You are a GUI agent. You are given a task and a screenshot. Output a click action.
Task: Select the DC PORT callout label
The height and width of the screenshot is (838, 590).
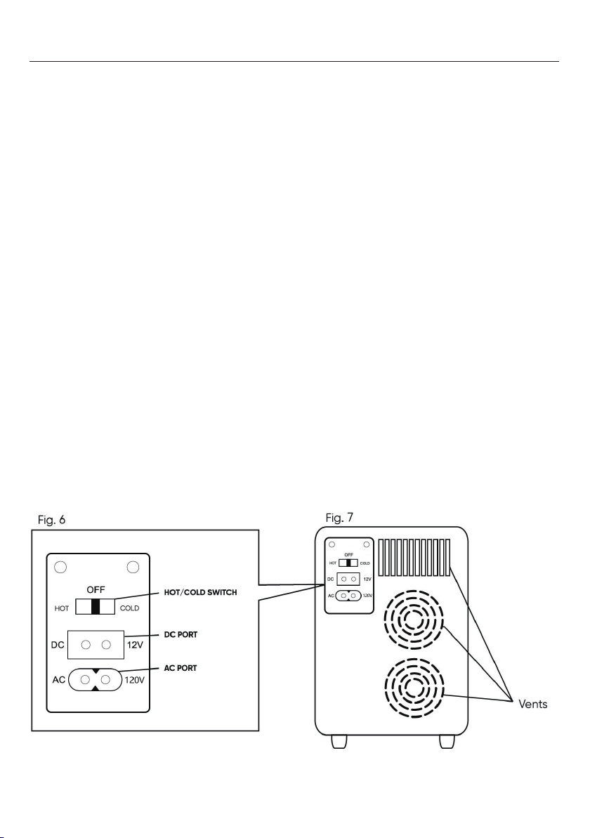coord(184,634)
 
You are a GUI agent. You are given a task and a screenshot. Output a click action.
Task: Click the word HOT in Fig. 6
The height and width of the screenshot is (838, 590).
coord(63,609)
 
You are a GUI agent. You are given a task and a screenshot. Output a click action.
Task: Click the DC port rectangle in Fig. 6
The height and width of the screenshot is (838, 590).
coord(95,644)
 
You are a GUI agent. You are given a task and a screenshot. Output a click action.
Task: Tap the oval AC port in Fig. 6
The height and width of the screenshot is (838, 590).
coord(95,679)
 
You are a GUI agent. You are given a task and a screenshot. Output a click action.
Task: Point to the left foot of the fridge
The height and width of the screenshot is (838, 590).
coord(338,741)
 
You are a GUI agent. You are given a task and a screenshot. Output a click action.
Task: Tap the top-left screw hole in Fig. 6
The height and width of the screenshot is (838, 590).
coord(61,567)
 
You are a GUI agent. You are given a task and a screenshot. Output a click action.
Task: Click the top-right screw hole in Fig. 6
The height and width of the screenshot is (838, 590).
coord(132,567)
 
